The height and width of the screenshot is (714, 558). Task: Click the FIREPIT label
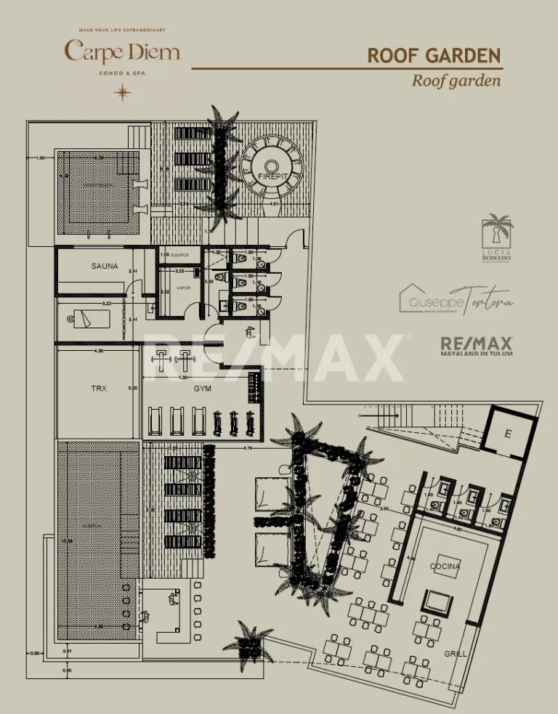tap(272, 177)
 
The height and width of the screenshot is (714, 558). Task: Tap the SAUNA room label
tap(105, 267)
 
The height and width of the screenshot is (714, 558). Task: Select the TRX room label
tap(99, 389)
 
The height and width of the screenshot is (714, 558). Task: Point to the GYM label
tap(202, 389)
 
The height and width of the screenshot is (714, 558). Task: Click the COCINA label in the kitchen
tap(445, 566)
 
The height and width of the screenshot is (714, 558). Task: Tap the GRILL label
tap(456, 654)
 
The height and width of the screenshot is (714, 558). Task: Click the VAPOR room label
tap(184, 288)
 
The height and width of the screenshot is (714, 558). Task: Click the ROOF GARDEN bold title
tap(434, 56)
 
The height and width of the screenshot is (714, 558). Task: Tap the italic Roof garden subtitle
tap(456, 81)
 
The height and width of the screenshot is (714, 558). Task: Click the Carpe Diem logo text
tap(122, 52)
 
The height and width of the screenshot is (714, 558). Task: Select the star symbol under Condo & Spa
tap(123, 92)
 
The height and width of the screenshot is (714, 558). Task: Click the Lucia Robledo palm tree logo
tap(498, 232)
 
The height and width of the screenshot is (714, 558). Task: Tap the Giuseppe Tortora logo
tap(456, 299)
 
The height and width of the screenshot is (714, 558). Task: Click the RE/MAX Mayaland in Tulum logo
tap(477, 346)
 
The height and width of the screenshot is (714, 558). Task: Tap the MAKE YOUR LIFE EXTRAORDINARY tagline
tap(122, 30)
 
